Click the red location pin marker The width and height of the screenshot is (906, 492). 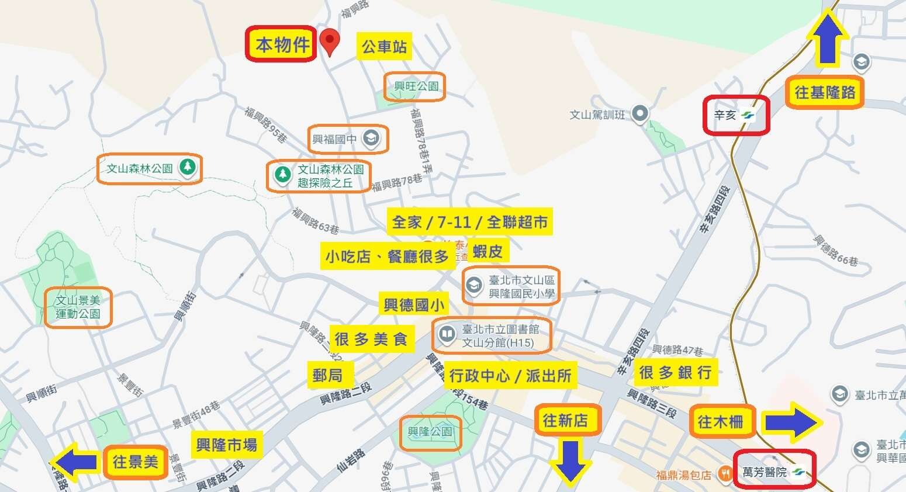point(330,41)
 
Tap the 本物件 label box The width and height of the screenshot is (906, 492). point(282,44)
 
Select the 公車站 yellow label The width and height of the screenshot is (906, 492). point(384,46)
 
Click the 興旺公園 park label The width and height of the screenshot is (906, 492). point(415,86)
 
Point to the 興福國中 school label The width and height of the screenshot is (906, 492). point(347,139)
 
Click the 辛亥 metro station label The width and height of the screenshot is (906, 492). point(735,116)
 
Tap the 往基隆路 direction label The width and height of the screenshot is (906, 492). point(824,92)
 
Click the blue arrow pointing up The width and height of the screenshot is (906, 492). point(828,38)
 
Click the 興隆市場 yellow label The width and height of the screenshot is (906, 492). point(226,445)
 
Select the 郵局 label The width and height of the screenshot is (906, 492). point(327,375)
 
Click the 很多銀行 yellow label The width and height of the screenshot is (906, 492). point(675,372)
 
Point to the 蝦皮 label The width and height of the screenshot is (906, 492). point(487,251)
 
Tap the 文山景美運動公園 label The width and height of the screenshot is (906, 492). point(78,307)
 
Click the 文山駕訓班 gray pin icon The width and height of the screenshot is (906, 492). point(641,114)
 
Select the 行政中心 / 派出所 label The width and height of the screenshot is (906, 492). point(510,376)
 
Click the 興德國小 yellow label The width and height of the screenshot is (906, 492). point(414,304)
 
